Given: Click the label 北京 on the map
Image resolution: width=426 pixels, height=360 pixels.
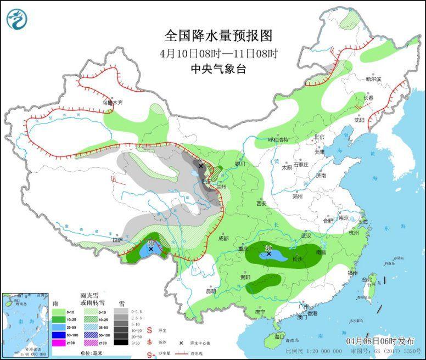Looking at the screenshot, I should pos(319,137).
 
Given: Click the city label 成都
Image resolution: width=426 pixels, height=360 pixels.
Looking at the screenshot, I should pos(222,239).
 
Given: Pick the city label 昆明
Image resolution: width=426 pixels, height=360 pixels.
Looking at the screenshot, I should pos(211,291).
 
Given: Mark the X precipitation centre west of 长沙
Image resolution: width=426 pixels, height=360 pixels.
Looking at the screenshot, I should pos(268,254).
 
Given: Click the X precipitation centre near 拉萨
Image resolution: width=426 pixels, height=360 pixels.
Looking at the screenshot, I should pos(150,249).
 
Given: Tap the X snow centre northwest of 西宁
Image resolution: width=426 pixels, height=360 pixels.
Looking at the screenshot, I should pos(201,166).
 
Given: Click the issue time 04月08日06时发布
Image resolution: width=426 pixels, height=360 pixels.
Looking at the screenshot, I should pos(378,340).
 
